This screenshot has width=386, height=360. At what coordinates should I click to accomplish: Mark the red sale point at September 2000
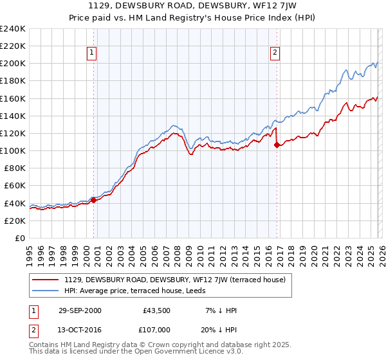tap(94, 200)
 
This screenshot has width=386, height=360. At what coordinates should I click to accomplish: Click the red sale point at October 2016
tap(277, 145)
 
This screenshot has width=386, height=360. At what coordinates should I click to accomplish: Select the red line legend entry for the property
tap(160, 280)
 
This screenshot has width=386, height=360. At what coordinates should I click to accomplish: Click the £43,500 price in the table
tap(157, 310)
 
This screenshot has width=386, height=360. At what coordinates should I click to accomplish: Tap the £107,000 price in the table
tap(157, 330)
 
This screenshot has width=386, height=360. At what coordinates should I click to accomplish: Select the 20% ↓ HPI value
tap(219, 330)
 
